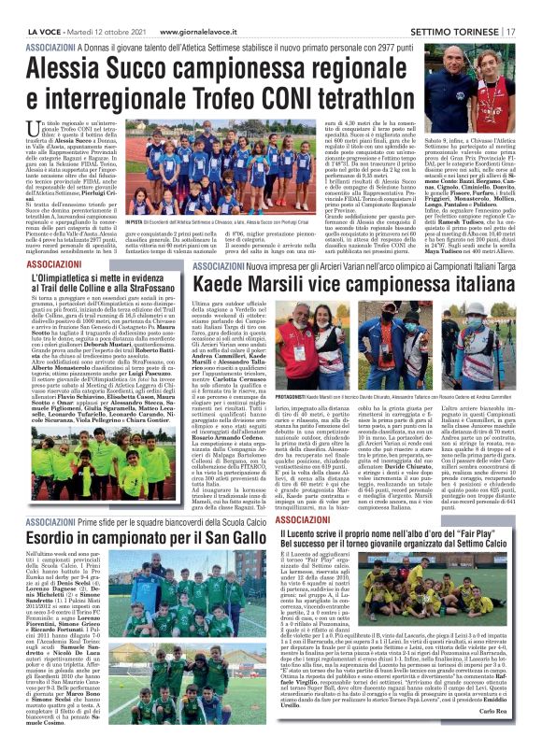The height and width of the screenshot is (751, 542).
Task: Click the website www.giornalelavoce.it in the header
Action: (x=218, y=7)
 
